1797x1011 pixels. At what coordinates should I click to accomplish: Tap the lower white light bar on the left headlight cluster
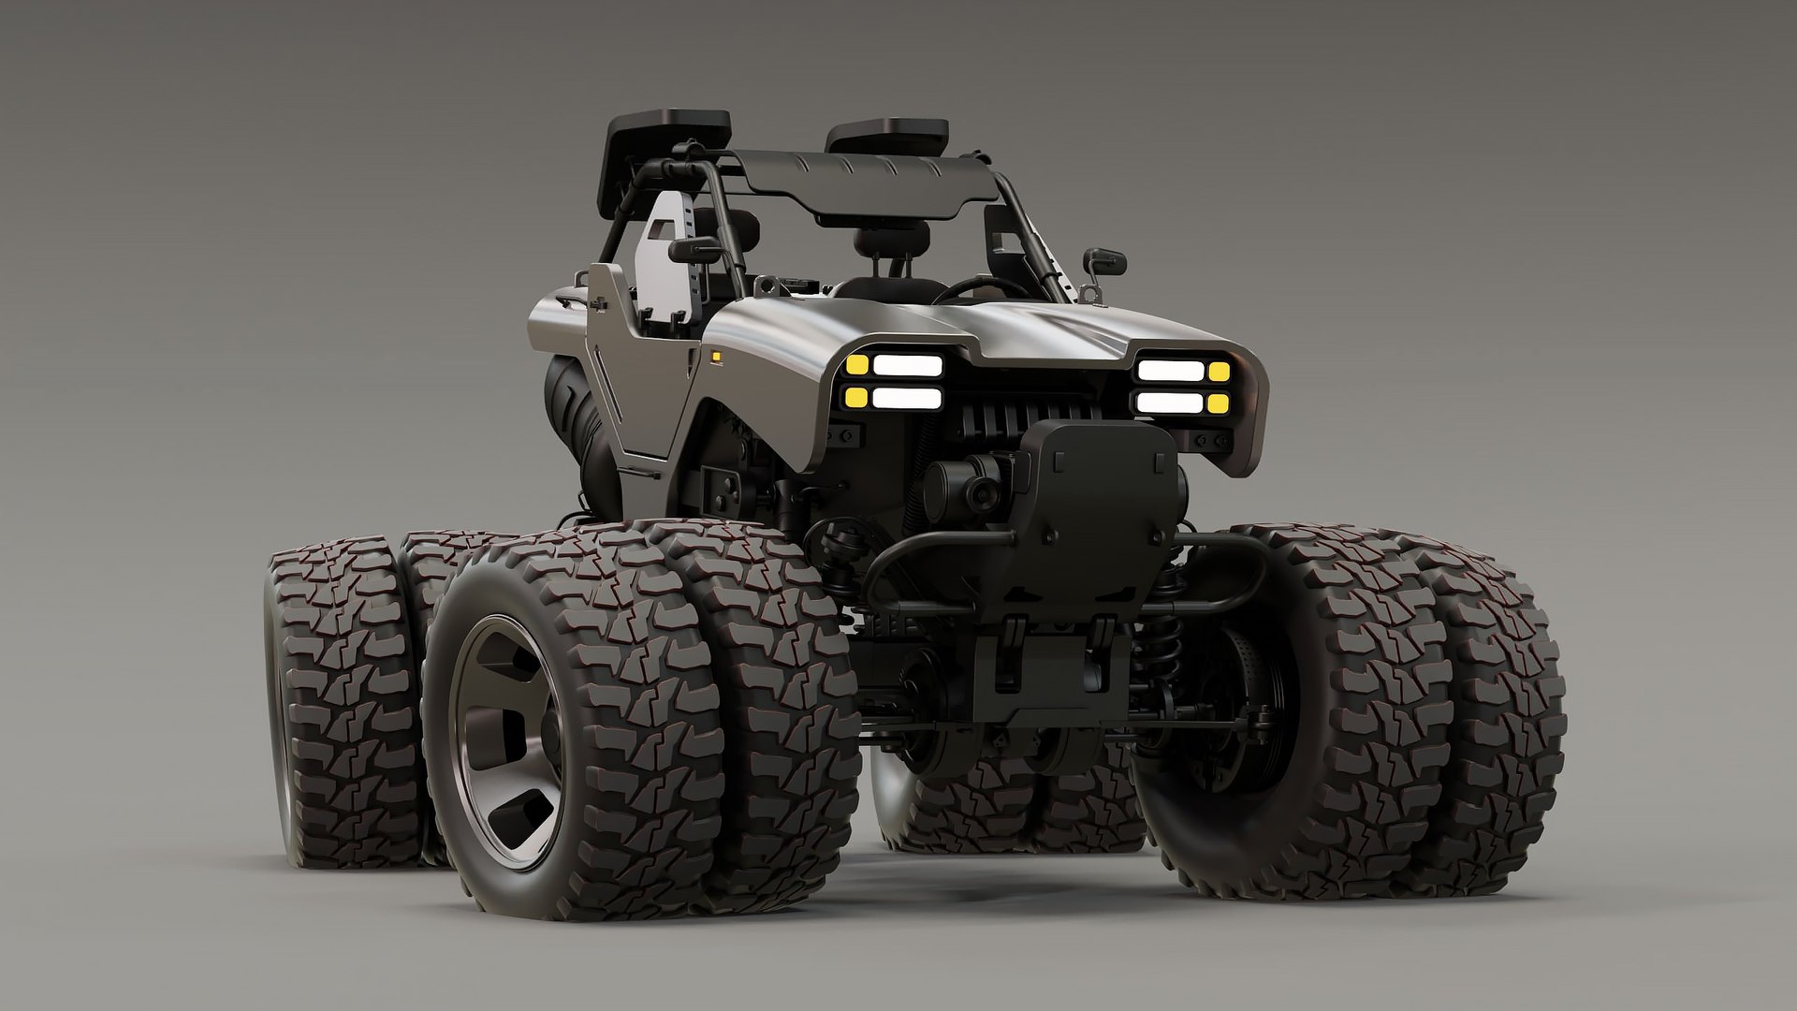pos(906,398)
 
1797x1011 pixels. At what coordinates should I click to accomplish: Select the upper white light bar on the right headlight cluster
pos(1170,369)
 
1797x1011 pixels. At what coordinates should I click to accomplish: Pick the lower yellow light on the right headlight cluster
pos(1218,403)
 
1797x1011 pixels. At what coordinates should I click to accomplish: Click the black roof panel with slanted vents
pos(861,183)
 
